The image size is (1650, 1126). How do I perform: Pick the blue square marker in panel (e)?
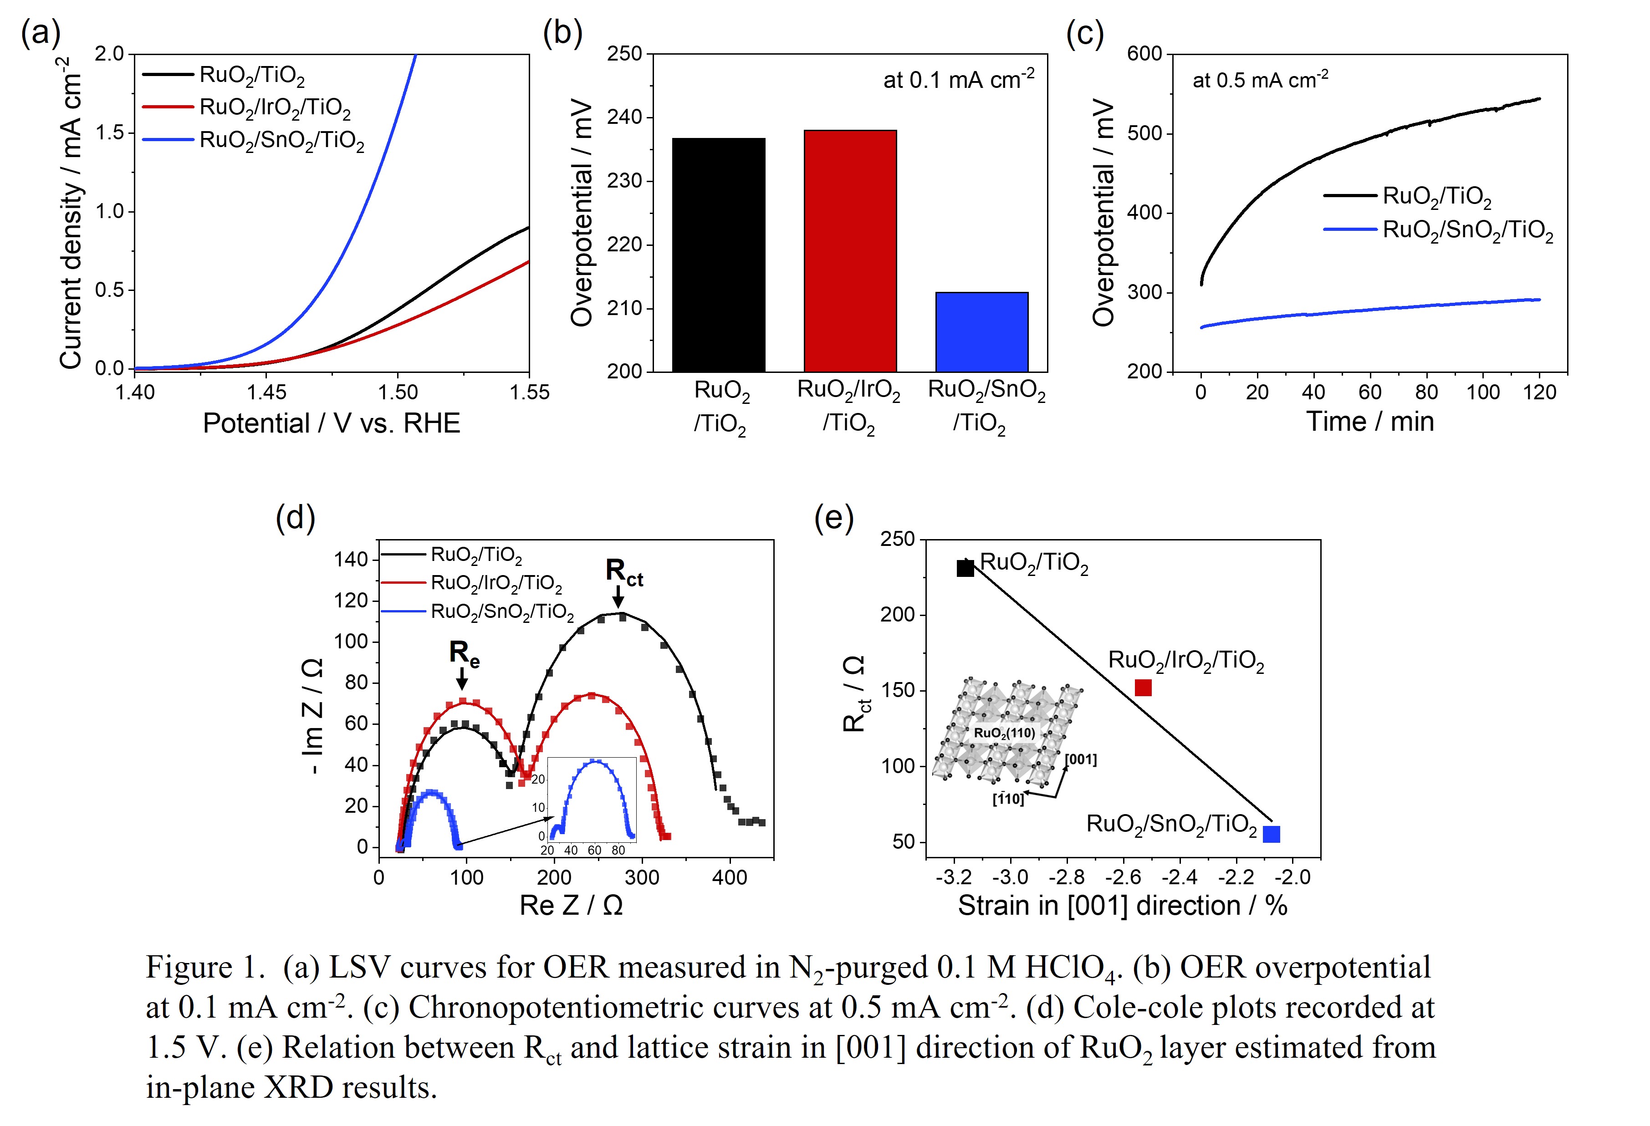(x=1272, y=834)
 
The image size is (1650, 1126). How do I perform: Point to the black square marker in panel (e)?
(x=965, y=568)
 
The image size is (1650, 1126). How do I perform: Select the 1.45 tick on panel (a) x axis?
(x=266, y=392)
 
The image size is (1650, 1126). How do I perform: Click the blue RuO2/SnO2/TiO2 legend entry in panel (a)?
(x=282, y=141)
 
